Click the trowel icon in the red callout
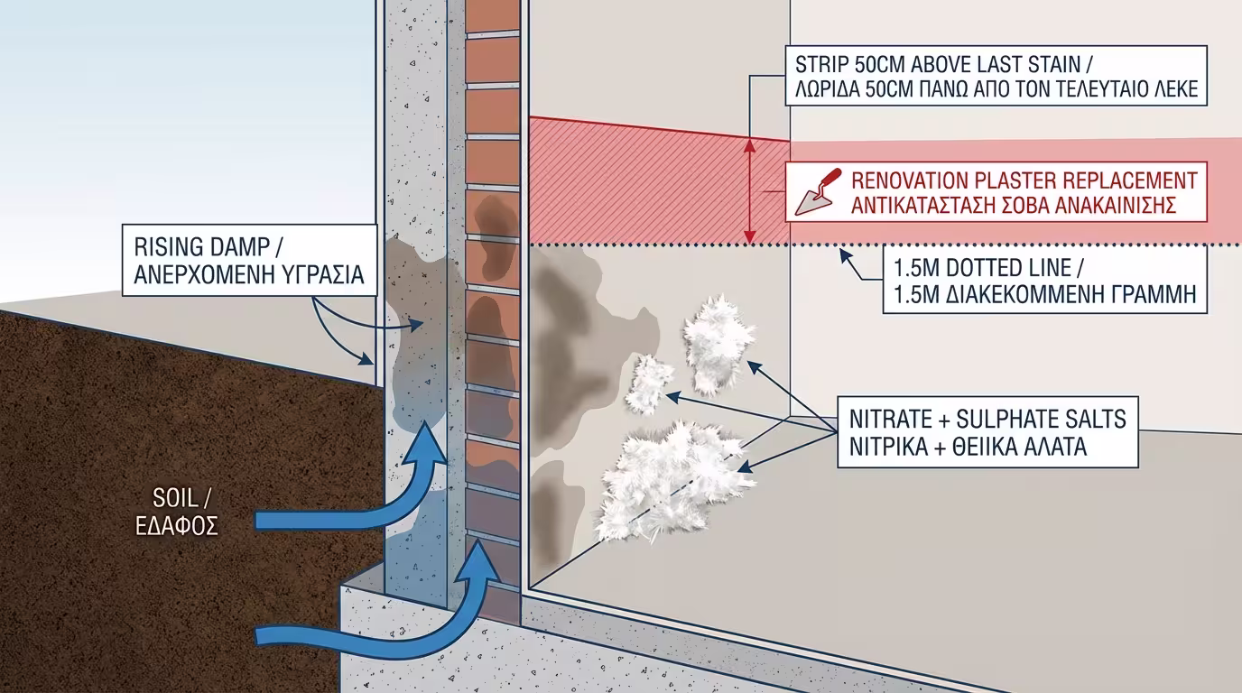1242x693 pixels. pos(816,191)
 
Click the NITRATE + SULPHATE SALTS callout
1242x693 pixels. pos(987,431)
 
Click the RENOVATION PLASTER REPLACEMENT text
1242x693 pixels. pos(1024,179)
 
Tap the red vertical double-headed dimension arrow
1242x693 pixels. pos(748,191)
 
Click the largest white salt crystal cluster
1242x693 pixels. pos(672,478)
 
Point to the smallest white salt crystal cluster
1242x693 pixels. pos(649,382)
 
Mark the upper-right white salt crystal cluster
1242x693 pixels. pos(718,344)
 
